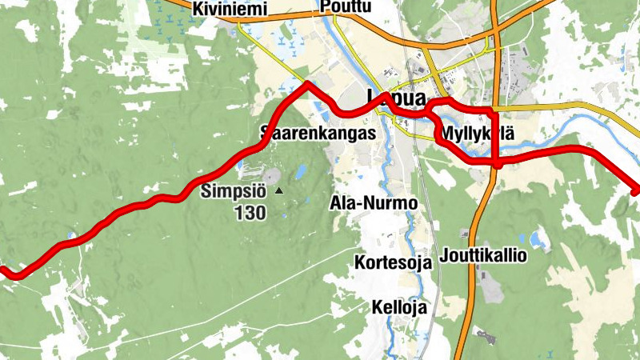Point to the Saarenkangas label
point(318,133)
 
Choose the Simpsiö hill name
point(234,191)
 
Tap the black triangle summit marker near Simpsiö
point(278,191)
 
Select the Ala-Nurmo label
point(374,203)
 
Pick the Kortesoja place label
point(393,262)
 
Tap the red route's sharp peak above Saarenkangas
point(307,82)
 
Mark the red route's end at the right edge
point(637,191)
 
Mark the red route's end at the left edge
point(3,270)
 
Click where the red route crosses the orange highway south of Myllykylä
point(497,163)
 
